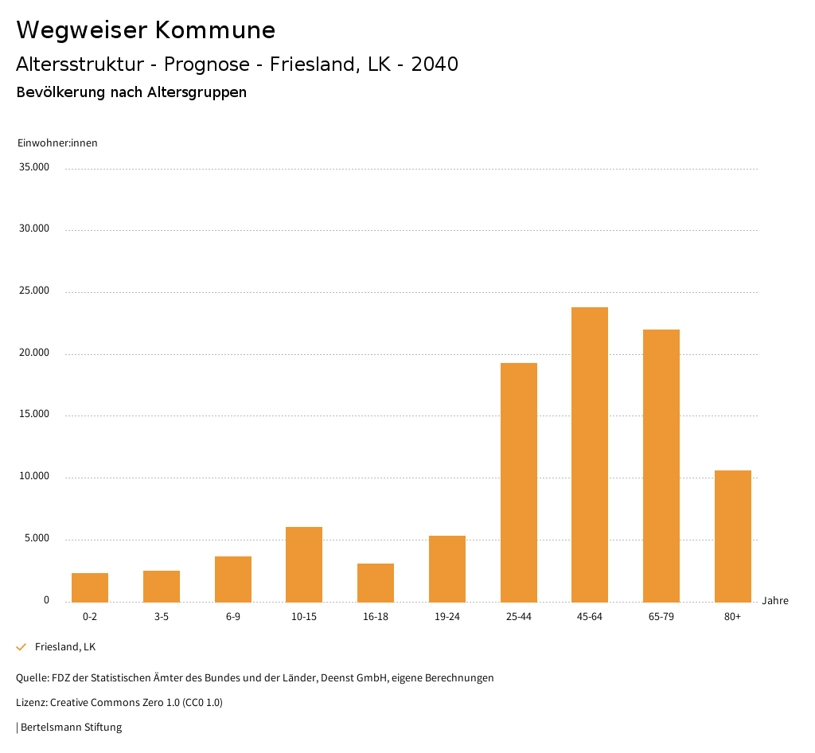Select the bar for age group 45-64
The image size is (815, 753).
pos(590,455)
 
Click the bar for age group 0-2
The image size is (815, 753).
pos(90,587)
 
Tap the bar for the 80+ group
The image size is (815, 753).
pos(733,536)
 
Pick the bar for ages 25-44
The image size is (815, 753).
pos(519,482)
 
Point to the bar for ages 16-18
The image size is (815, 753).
pos(376,583)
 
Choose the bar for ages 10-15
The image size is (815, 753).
pos(304,564)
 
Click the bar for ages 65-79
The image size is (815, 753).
pos(661,466)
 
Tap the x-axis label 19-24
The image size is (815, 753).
pos(447,617)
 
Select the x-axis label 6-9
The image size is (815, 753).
pos(233,617)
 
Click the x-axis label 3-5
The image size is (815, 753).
pos(162,617)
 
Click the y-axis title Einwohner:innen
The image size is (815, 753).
pos(57,143)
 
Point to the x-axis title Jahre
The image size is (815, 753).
pos(774,600)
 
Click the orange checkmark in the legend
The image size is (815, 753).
pos(21,647)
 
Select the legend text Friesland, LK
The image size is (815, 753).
pos(65,647)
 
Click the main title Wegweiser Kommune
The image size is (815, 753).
pos(146,30)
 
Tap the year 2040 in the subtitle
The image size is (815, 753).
pos(435,64)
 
